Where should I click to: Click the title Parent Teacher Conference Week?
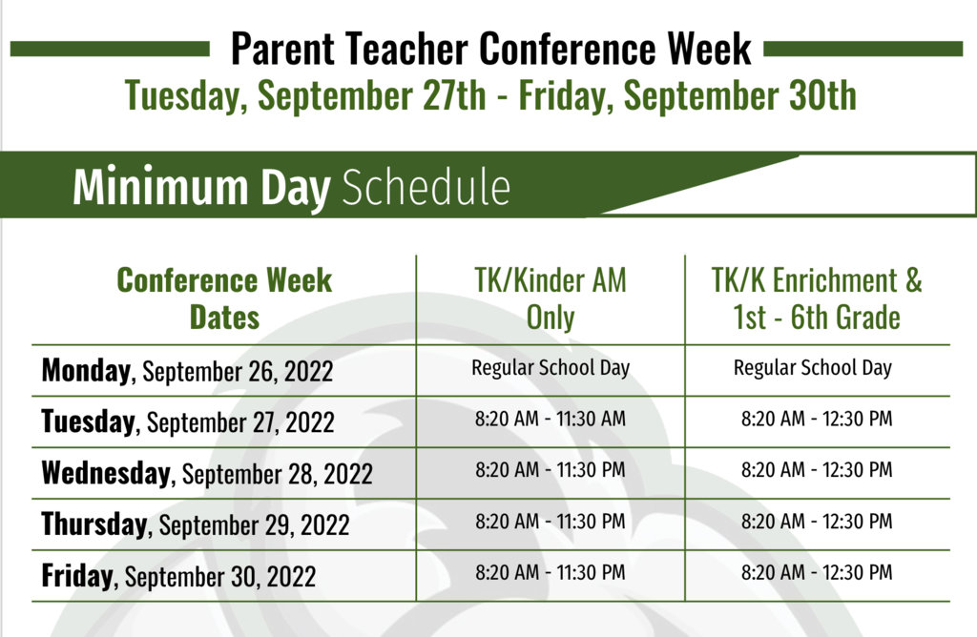pos(491,49)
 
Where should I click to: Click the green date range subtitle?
pos(490,95)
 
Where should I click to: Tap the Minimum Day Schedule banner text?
pos(292,187)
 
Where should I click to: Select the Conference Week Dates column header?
pos(224,298)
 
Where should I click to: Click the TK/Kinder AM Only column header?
pos(551,298)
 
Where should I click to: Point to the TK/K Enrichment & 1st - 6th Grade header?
pos(817,298)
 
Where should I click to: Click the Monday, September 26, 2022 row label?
pos(187,371)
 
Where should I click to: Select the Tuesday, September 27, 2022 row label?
pos(188,421)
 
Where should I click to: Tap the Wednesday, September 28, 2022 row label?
pos(207,473)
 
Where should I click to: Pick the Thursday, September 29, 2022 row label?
pos(195,524)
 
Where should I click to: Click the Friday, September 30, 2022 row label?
pos(178,575)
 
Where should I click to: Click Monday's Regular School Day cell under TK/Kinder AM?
pos(551,368)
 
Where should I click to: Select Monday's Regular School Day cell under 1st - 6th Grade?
pos(813,368)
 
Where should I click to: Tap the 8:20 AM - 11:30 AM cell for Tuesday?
pos(551,419)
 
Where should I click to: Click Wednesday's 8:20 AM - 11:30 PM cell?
pos(551,469)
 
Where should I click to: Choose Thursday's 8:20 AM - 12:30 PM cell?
pos(817,522)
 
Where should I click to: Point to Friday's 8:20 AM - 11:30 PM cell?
pos(551,572)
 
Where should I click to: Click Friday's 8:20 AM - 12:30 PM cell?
pos(817,572)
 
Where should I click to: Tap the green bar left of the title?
pos(110,50)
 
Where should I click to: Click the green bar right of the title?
pos(863,50)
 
